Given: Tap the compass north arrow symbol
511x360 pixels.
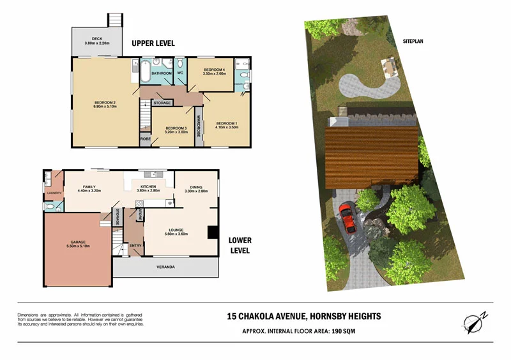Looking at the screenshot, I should pos(476,322).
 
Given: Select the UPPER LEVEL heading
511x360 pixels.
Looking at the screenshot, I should pos(153,43).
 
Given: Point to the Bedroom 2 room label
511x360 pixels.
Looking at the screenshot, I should pos(105,103).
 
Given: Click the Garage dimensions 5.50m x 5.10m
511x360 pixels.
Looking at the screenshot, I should pos(78,246).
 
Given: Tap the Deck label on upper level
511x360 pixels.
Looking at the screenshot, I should pos(97,39).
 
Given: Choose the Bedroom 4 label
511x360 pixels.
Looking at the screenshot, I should pos(214,69).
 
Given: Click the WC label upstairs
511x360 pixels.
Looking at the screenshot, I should pos(180,73).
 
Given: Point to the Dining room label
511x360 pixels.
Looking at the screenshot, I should pos(192,187).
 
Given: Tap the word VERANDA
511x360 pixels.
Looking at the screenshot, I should pos(165,267).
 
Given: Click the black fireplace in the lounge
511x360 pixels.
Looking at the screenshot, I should pos(213,232).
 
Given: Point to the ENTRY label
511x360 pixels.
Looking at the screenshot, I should pos(135,245).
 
